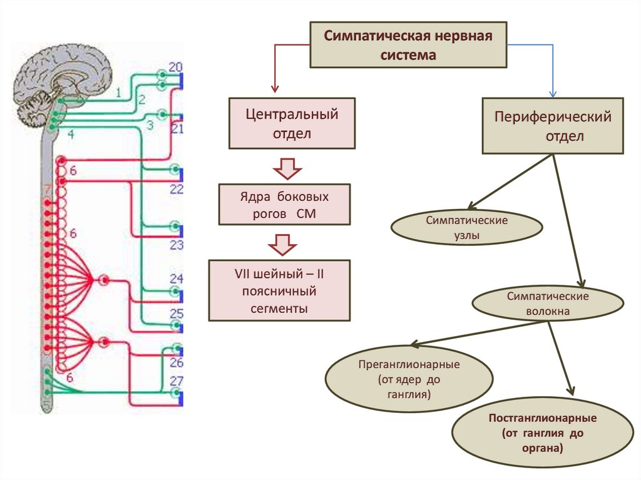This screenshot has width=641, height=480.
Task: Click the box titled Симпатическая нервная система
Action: tap(409, 44)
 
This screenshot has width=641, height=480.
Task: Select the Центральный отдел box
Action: tap(292, 123)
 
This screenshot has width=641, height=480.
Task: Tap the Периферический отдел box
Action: tap(553, 126)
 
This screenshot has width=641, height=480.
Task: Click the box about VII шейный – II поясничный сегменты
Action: tap(279, 291)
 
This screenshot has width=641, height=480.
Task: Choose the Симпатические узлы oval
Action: tap(466, 228)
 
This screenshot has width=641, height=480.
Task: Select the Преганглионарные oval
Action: tap(409, 380)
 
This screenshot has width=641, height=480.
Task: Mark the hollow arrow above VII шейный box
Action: tap(285, 245)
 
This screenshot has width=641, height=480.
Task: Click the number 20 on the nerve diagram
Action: tap(176, 67)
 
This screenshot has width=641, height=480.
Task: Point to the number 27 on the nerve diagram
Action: tap(177, 380)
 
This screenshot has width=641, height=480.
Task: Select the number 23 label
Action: tap(177, 245)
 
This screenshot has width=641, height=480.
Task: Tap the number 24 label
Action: tap(177, 279)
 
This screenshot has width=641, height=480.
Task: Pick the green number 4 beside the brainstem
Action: tap(71, 133)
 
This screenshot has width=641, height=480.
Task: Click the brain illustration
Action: tap(63, 75)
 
